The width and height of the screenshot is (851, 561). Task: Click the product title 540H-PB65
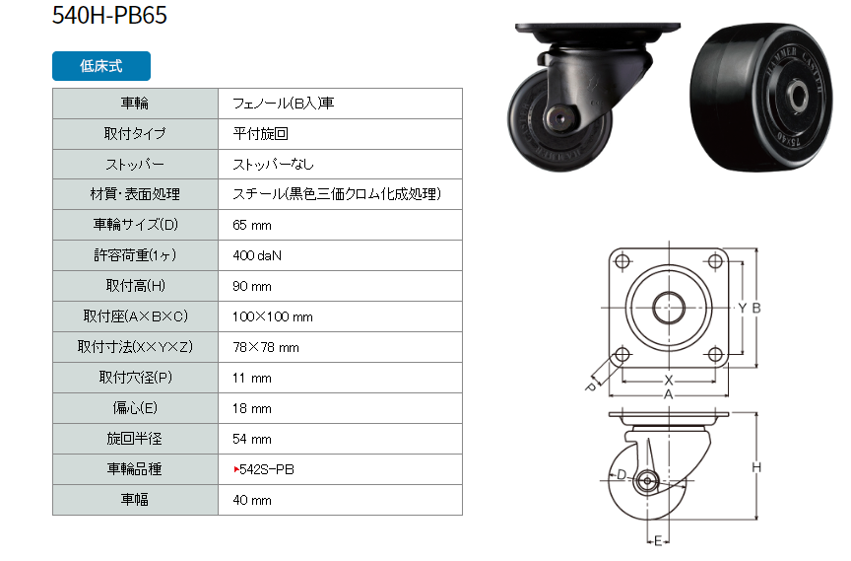tap(109, 15)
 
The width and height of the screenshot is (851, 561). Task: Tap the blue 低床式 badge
tap(101, 66)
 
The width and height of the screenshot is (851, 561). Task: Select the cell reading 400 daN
tap(257, 255)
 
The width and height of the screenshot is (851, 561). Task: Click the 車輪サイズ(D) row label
tap(136, 225)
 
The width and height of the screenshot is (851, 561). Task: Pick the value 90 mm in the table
tap(252, 286)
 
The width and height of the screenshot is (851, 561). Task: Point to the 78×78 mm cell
tap(266, 348)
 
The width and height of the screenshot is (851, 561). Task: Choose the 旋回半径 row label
tap(135, 439)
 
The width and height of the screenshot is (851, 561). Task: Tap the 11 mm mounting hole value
tap(252, 378)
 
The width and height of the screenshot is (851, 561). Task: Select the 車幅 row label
tap(135, 500)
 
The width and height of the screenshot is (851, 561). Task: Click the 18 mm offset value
tap(252, 408)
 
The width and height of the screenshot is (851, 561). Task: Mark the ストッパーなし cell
tap(273, 164)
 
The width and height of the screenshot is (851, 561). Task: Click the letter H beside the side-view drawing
tap(756, 467)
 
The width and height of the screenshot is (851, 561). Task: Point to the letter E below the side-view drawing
tap(658, 541)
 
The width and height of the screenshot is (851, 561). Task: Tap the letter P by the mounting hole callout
tap(591, 387)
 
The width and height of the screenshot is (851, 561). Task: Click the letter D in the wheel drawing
tap(622, 475)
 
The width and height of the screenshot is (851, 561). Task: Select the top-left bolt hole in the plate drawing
tap(622, 261)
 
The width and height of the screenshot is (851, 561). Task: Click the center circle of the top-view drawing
tap(669, 308)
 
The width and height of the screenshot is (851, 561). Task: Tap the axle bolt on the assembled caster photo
tap(559, 118)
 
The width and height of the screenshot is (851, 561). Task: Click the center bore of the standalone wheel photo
tap(797, 97)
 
